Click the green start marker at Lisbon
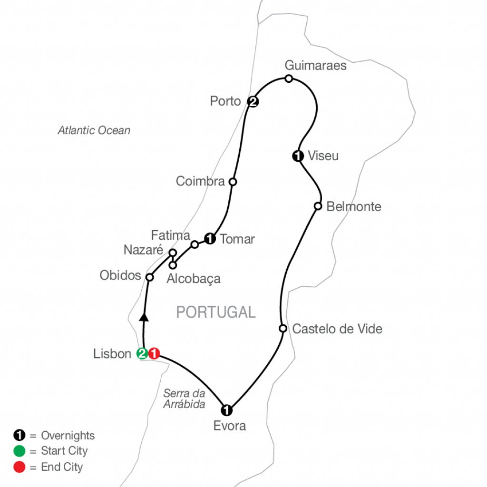click(142, 353)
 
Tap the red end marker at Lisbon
click(154, 353)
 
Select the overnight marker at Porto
click(253, 101)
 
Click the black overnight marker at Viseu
click(298, 156)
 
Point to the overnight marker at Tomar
click(209, 238)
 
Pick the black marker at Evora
click(227, 409)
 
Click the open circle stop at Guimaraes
click(288, 78)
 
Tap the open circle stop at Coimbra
click(233, 181)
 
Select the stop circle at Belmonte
click(318, 206)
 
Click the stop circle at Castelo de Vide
click(282, 328)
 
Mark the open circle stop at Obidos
click(149, 277)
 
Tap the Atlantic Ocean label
click(94, 130)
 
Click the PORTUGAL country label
click(215, 312)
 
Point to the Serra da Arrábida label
click(184, 399)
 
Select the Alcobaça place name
click(194, 279)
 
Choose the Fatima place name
click(170, 235)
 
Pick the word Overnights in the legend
click(68, 435)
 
